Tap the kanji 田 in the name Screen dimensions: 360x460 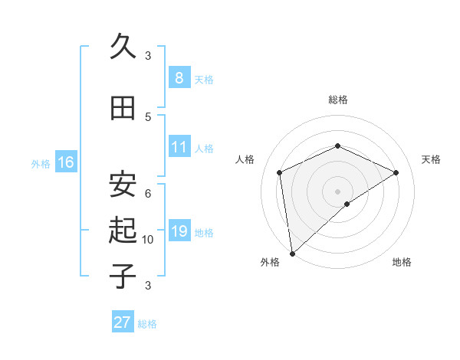pyautogui.click(x=123, y=108)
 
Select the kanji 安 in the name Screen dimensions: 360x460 pyautogui.click(x=123, y=185)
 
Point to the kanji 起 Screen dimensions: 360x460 pyautogui.click(x=123, y=231)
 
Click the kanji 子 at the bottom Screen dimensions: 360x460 pyautogui.click(x=123, y=277)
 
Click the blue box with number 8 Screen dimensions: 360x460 pyautogui.click(x=179, y=78)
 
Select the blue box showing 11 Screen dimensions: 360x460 pyautogui.click(x=179, y=147)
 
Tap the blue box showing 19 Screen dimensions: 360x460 pyautogui.click(x=179, y=231)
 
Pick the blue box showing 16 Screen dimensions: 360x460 pyautogui.click(x=66, y=162)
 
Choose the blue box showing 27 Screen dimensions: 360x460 pyautogui.click(x=122, y=322)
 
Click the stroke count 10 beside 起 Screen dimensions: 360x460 pyautogui.click(x=148, y=240)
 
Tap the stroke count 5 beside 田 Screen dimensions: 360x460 pyautogui.click(x=148, y=116)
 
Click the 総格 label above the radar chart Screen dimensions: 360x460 pyautogui.click(x=337, y=100)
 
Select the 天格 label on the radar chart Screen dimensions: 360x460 pyautogui.click(x=431, y=159)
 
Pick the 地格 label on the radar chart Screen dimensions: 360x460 pyautogui.click(x=402, y=262)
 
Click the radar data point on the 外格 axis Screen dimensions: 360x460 pyautogui.click(x=291, y=254)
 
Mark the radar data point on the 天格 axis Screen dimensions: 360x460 pyautogui.click(x=396, y=172)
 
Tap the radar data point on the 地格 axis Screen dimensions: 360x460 pyautogui.click(x=347, y=204)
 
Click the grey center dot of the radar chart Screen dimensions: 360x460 pyautogui.click(x=337, y=191)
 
